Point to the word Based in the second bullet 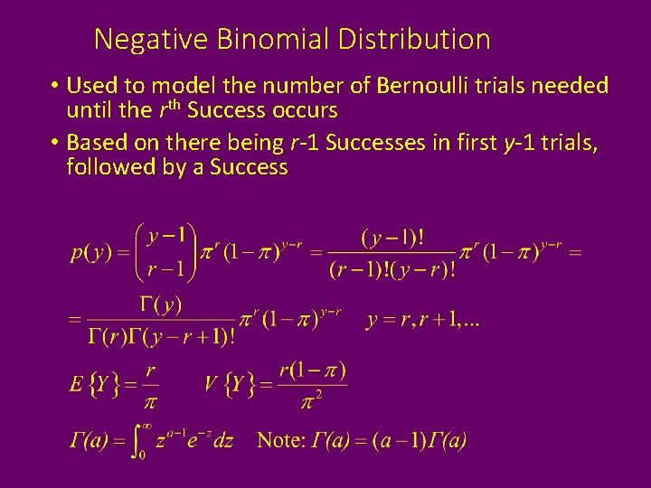pyautogui.click(x=96, y=142)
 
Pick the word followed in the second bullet pyautogui.click(x=105, y=167)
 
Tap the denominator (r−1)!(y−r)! pyautogui.click(x=392, y=269)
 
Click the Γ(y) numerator pyautogui.click(x=161, y=305)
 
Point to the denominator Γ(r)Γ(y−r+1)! pyautogui.click(x=161, y=337)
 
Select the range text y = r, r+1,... pyautogui.click(x=422, y=321)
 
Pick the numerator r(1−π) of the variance pyautogui.click(x=313, y=370)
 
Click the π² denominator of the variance pyautogui.click(x=313, y=399)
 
